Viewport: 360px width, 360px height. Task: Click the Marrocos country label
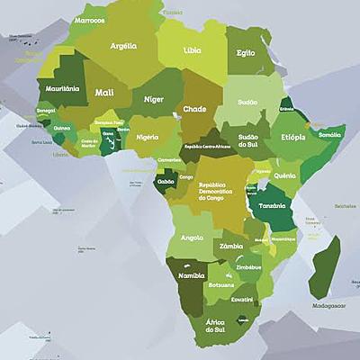point(89,20)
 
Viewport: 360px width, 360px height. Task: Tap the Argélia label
point(123,46)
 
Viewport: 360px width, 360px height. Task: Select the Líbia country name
point(192,51)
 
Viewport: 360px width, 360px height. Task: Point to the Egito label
point(245,53)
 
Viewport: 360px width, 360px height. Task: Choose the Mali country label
point(104,92)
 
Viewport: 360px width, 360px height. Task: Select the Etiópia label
point(292,137)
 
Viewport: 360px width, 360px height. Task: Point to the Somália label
point(329,134)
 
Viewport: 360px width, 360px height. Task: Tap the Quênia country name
point(284,175)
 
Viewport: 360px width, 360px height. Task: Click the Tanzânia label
point(273,205)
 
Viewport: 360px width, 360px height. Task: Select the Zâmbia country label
point(231,246)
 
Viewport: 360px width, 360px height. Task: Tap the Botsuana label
point(221,283)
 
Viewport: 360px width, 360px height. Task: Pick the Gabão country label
point(166,181)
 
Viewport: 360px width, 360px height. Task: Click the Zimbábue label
point(248,267)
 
